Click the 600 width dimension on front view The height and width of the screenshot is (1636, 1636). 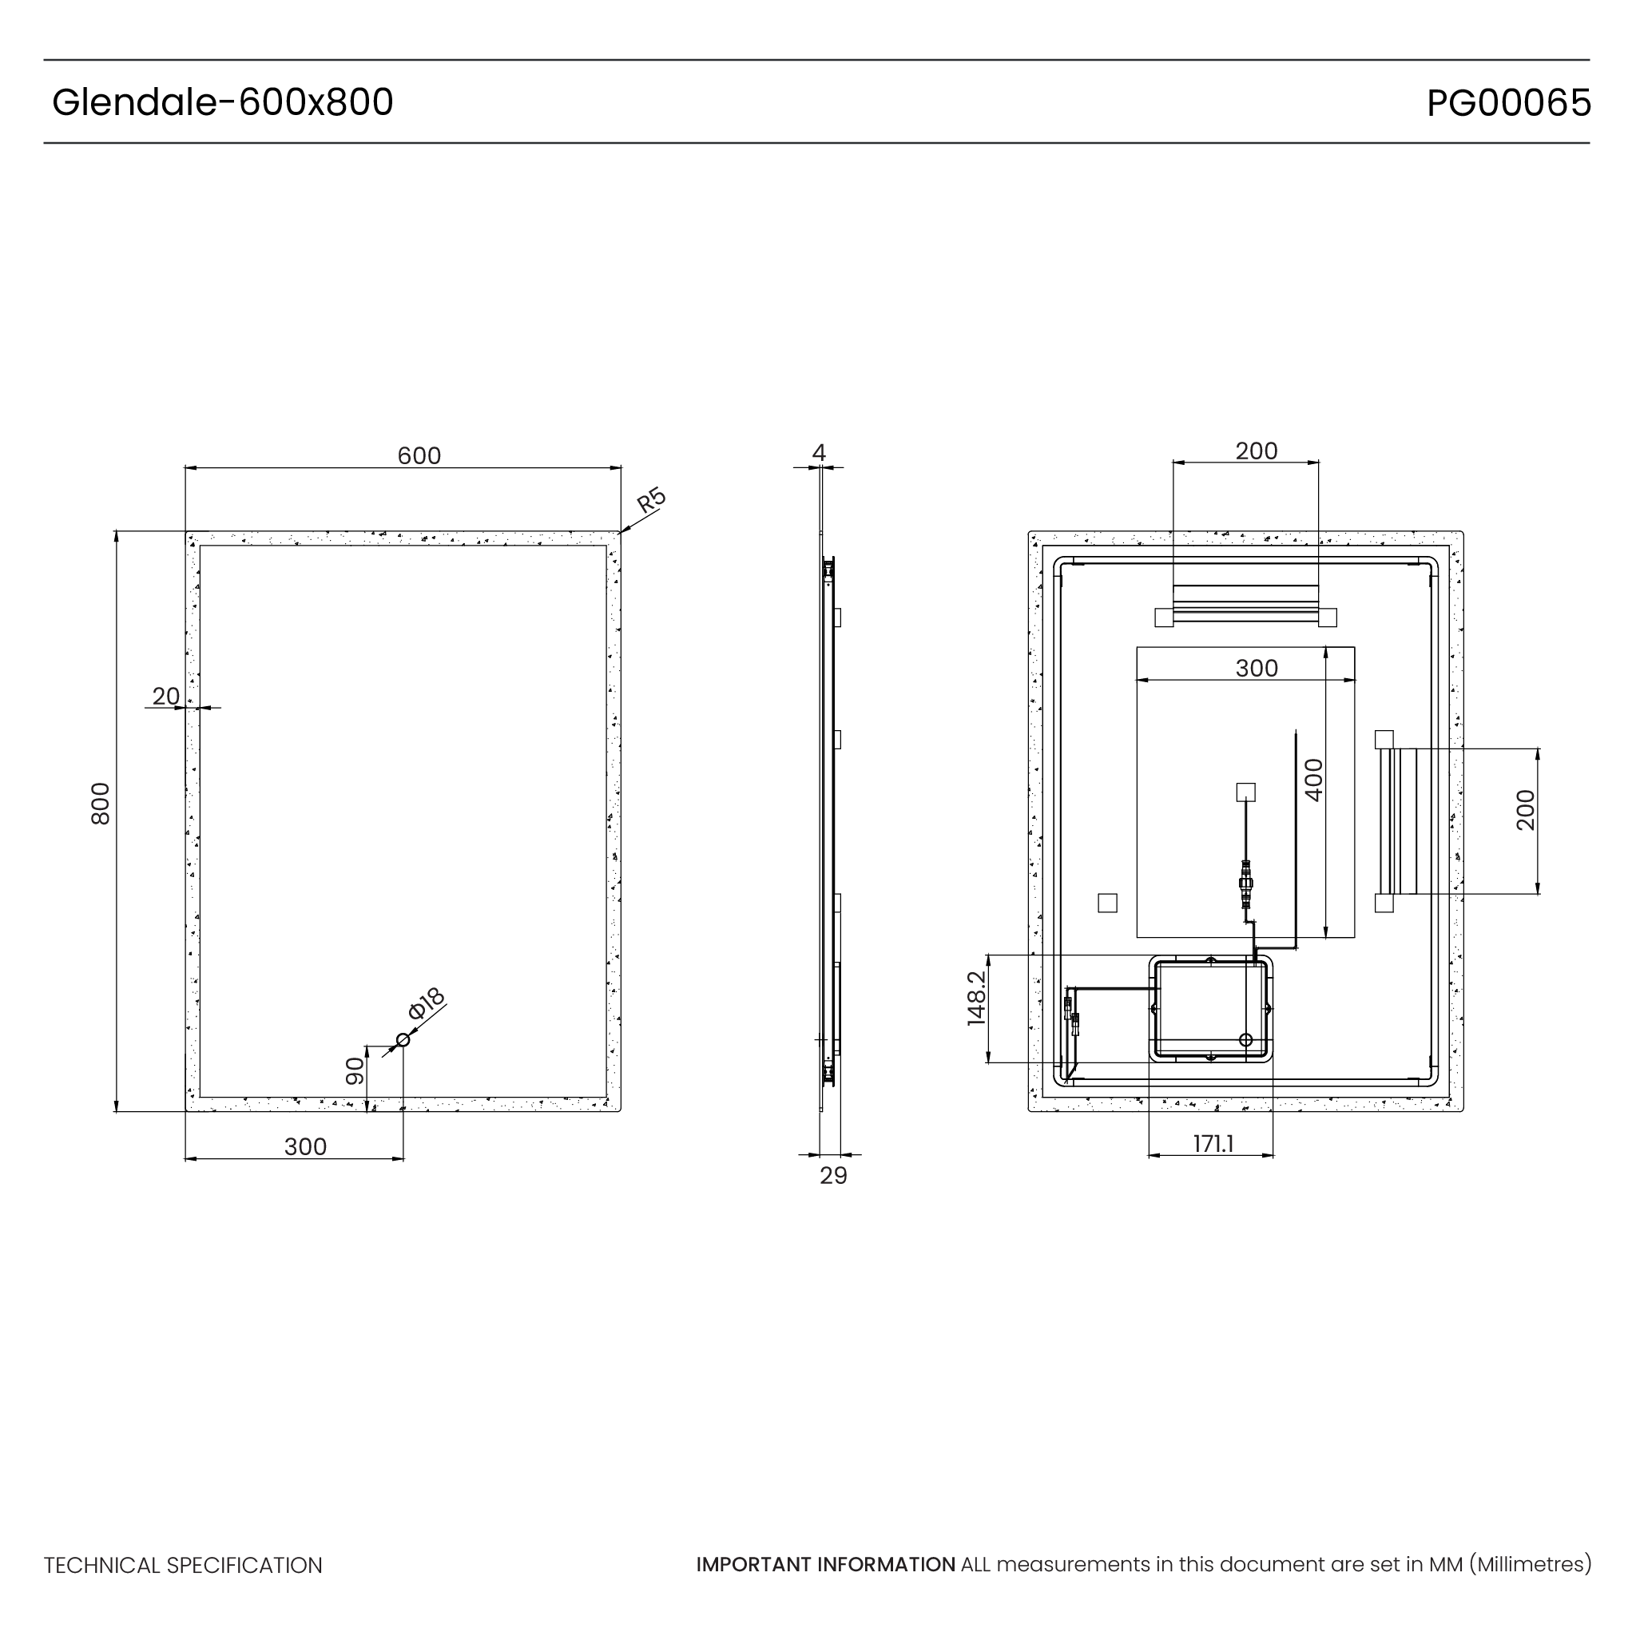(419, 455)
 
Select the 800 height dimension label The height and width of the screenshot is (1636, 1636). (101, 804)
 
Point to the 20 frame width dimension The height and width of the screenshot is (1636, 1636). (165, 696)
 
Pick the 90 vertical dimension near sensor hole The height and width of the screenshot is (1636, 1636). (355, 1071)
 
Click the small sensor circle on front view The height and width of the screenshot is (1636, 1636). (403, 1040)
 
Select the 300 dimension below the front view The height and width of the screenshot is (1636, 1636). (305, 1146)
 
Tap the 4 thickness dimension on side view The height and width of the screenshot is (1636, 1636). (818, 453)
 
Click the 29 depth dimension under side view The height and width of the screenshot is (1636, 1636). (833, 1175)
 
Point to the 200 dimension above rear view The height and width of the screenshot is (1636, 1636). (1256, 451)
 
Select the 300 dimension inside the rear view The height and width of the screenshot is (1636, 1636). (1256, 668)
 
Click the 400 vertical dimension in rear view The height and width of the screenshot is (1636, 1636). (1313, 780)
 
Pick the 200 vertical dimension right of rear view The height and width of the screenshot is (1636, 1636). (1525, 810)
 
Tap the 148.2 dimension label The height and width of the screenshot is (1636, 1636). (976, 999)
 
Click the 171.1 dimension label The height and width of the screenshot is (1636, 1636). (1213, 1144)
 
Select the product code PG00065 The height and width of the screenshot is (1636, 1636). (1508, 103)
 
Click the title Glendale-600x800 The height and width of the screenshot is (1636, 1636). (223, 102)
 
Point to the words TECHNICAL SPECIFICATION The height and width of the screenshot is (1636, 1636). (183, 1566)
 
